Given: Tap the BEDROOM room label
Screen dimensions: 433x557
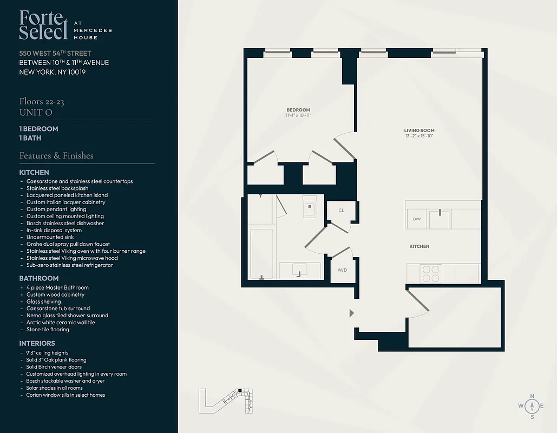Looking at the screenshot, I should (x=298, y=110).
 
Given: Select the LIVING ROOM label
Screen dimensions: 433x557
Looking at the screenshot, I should (x=419, y=130).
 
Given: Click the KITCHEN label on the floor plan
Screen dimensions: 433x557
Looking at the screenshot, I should (x=419, y=246).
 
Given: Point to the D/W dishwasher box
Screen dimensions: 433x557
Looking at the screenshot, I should (x=417, y=219).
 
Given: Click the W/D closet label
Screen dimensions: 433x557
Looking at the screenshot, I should (x=342, y=270).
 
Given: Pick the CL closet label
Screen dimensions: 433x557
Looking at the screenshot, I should (x=341, y=210).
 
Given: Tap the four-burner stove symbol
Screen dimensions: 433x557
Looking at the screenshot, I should (x=430, y=273).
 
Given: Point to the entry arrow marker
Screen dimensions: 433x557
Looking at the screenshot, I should (x=352, y=313).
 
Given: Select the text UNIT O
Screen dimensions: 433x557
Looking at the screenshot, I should (x=36, y=112).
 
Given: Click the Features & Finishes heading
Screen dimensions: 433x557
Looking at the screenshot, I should (x=56, y=155).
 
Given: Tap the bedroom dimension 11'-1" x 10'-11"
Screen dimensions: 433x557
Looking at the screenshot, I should (x=298, y=115).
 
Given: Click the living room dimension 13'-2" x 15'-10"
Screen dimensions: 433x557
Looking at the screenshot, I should (x=419, y=136).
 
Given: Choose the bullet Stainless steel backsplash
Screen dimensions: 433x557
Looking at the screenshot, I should (x=57, y=188).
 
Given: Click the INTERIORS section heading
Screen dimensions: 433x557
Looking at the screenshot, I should (x=37, y=343).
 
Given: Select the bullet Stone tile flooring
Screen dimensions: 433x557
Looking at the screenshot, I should (x=48, y=329).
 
